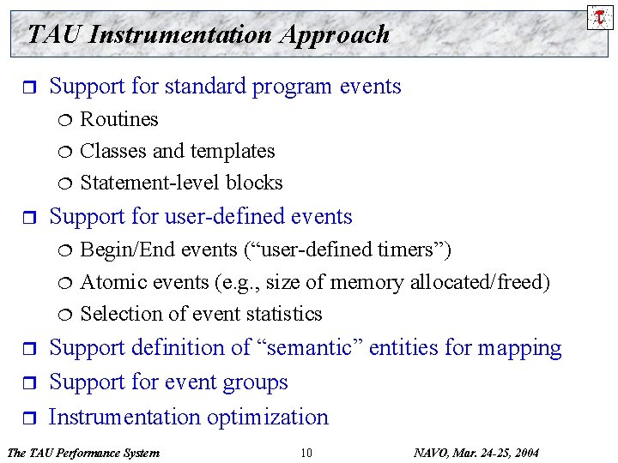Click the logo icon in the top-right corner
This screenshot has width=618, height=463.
coord(600,16)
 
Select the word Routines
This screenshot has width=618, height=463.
coord(119,119)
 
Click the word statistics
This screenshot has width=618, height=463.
coord(276,314)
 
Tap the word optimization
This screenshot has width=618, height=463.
coord(268,418)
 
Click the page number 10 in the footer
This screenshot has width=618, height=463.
coord(306,453)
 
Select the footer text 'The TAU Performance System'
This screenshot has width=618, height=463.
coord(82,453)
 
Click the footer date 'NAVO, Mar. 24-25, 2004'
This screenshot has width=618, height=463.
coord(476,453)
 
